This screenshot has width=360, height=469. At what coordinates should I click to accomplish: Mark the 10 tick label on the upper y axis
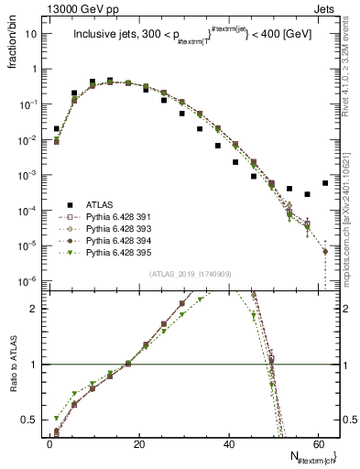coord(35,34)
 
